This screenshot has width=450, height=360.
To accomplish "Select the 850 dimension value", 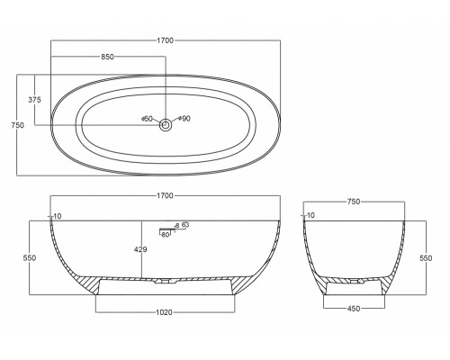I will click(x=107, y=56).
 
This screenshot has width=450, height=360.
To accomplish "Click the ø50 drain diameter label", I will click(x=148, y=118).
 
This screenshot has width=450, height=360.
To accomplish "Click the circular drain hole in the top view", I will click(x=166, y=127).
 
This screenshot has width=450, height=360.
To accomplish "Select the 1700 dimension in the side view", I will click(x=166, y=194).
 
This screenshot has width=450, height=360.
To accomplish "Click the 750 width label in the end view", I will click(x=354, y=202).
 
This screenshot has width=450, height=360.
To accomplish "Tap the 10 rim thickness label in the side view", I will click(x=58, y=216).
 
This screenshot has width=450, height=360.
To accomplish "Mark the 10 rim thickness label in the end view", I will click(x=310, y=216).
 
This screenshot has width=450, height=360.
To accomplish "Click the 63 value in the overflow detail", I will click(x=185, y=225).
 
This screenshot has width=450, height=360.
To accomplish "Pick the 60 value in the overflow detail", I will click(x=166, y=234).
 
